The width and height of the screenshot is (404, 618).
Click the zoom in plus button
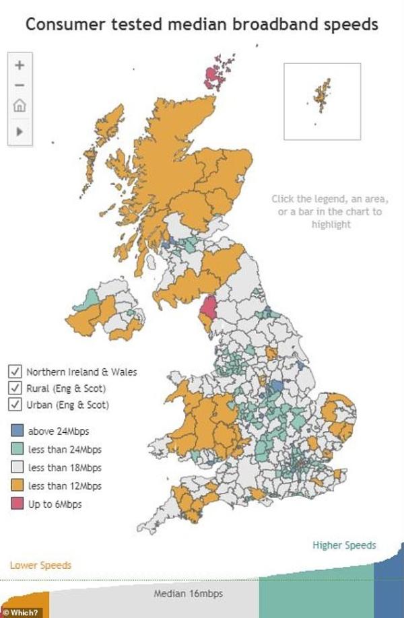click(x=20, y=65)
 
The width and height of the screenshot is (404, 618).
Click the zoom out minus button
click(x=20, y=85)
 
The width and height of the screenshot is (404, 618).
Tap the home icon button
click(x=20, y=106)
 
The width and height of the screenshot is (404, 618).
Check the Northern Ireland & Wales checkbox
click(x=15, y=372)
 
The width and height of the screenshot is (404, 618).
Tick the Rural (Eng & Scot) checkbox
click(x=15, y=388)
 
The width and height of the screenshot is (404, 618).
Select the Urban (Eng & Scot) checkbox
click(x=15, y=405)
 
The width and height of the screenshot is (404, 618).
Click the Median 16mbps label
click(x=188, y=594)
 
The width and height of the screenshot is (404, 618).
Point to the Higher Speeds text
click(x=344, y=545)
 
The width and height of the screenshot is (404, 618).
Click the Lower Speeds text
click(x=40, y=565)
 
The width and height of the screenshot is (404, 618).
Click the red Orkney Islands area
click(x=213, y=76)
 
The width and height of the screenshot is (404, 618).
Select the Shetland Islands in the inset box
click(x=321, y=94)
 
